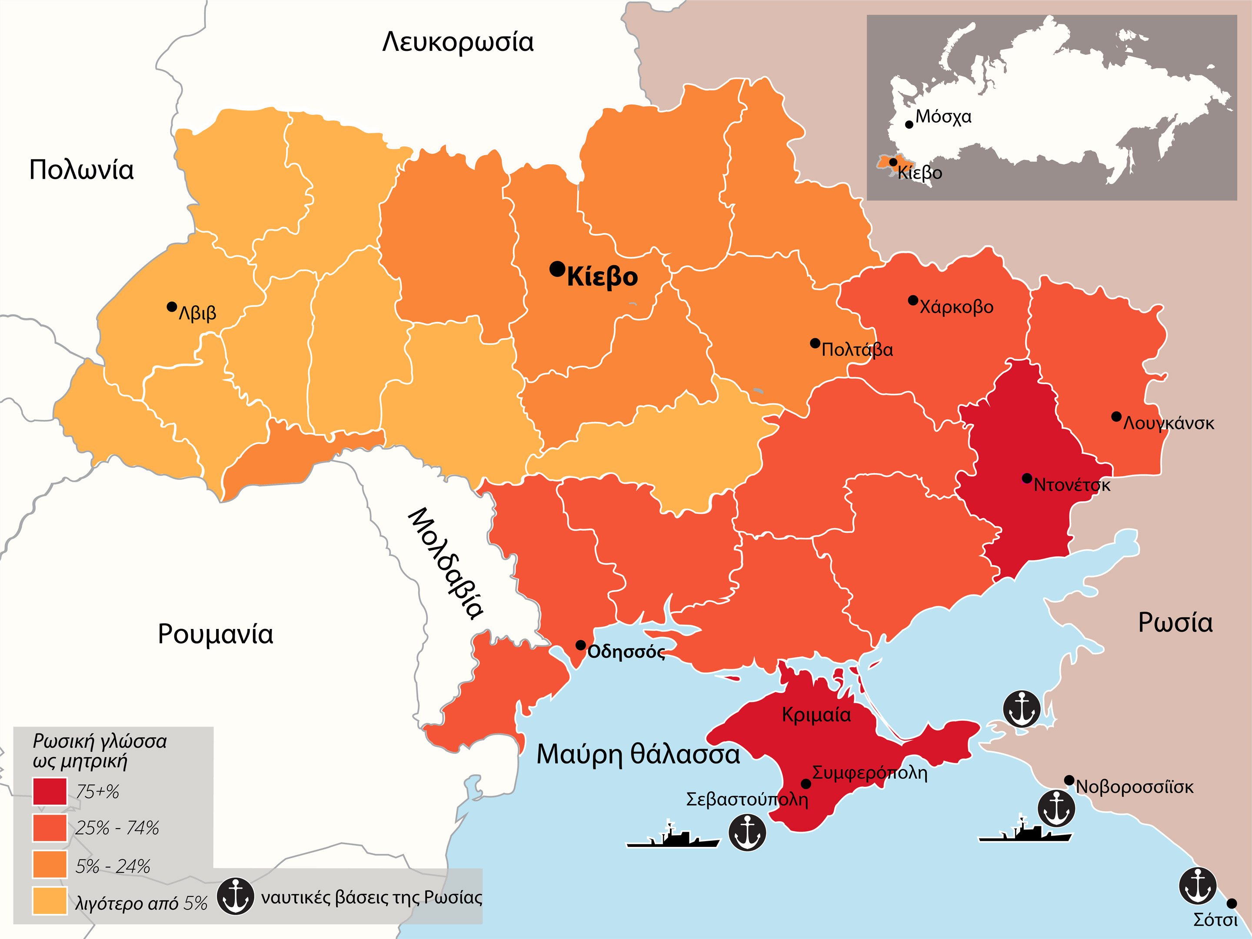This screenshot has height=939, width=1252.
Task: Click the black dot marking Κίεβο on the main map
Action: coord(557,269)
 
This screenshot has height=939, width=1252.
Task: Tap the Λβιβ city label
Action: coord(197,313)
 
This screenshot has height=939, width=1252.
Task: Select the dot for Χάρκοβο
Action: coord(913,300)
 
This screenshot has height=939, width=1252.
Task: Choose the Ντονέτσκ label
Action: coord(1072,485)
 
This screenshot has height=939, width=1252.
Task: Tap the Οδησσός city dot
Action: coord(581,645)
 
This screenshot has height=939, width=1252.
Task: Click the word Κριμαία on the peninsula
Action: coord(816,715)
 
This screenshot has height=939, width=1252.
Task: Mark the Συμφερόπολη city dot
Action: coord(806,784)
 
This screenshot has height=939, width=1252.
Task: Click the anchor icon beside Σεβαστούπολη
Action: coord(747,832)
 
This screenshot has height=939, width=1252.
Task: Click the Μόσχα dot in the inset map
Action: coord(909,124)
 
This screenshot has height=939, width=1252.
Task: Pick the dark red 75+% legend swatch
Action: coord(50,791)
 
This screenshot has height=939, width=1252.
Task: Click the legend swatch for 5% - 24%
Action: coord(50,864)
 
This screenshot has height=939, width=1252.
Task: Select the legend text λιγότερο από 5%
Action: coord(141,903)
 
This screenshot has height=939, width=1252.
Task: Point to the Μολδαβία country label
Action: coord(446,563)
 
